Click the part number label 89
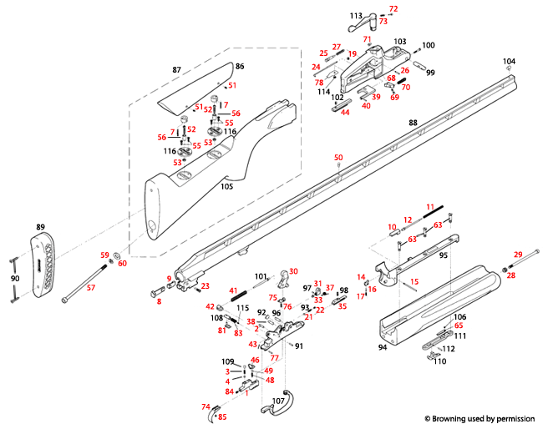coord(39,227)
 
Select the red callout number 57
coord(91,288)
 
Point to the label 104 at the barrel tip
coord(509,62)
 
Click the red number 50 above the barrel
coord(338,158)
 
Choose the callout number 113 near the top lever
coord(356,16)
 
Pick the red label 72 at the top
coord(394,8)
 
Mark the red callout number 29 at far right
coord(517,253)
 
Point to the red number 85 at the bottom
coord(222,416)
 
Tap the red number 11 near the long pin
coord(431,206)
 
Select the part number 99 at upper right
coord(431,73)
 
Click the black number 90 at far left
coord(14,278)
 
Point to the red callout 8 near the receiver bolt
coord(158,300)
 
